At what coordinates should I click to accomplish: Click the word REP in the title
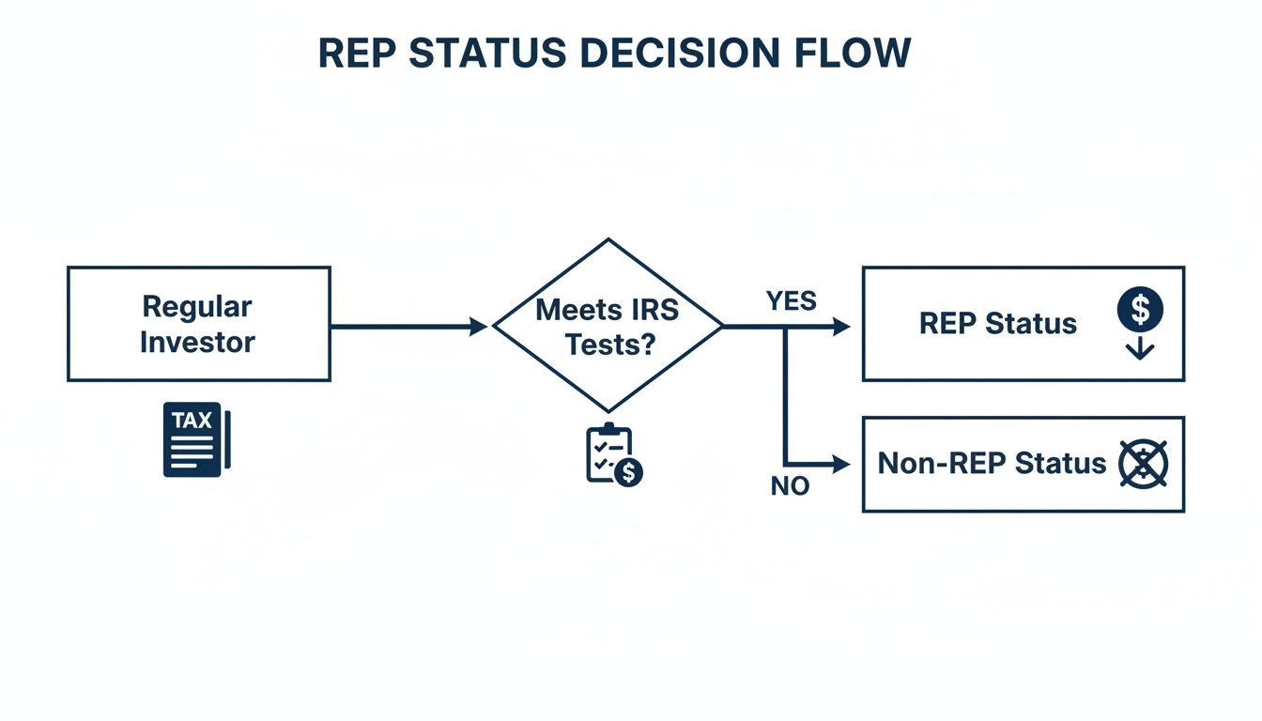pos(359,54)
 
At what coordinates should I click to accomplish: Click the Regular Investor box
pos(198,324)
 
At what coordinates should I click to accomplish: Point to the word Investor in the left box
pos(197,342)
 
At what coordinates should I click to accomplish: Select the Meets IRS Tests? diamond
pos(608,325)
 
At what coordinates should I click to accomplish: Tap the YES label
pos(791,301)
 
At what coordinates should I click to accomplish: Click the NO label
pos(790,487)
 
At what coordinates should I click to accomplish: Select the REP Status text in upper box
pos(997,324)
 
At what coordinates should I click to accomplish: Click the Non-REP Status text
pos(992,463)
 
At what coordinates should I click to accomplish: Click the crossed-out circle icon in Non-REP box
pos(1144,464)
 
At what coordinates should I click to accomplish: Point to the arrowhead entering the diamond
pos(478,326)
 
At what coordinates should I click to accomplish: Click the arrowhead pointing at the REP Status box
pos(841,326)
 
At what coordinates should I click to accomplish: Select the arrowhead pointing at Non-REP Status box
pos(841,464)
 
